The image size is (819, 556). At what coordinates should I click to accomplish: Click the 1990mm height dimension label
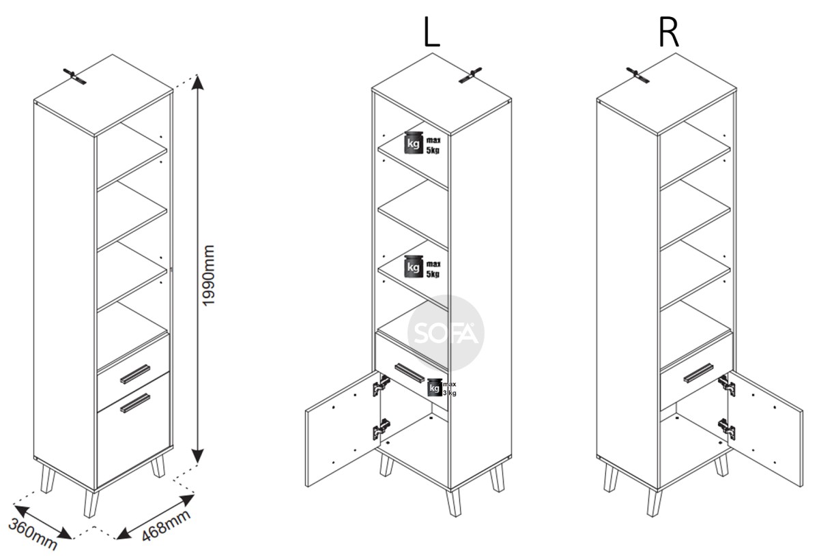[208, 275]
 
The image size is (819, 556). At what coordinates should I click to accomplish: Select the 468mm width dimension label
[166, 525]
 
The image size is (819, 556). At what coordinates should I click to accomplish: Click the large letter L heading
[431, 32]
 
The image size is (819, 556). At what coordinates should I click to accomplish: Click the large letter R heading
[669, 32]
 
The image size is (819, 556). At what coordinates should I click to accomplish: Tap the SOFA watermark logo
[446, 333]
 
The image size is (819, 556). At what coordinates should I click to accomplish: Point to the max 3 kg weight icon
[442, 387]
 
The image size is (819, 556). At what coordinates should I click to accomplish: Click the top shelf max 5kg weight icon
[422, 143]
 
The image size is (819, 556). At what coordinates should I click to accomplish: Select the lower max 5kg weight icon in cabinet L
[422, 267]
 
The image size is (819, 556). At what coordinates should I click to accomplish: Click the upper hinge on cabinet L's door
[382, 385]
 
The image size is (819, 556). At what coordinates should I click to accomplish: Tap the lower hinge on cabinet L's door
[382, 429]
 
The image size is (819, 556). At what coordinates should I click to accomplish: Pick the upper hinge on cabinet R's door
[726, 385]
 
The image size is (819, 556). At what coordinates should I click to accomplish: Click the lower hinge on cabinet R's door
[726, 429]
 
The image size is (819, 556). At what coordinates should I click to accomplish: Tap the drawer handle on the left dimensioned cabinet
[135, 374]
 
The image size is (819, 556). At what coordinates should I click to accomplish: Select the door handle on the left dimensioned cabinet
[135, 403]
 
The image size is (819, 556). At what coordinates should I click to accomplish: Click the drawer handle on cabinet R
[698, 373]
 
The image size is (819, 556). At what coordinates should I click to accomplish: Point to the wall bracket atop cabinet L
[470, 76]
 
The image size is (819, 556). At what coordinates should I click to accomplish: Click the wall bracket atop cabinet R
[637, 75]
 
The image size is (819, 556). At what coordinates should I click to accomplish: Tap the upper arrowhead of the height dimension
[197, 82]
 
